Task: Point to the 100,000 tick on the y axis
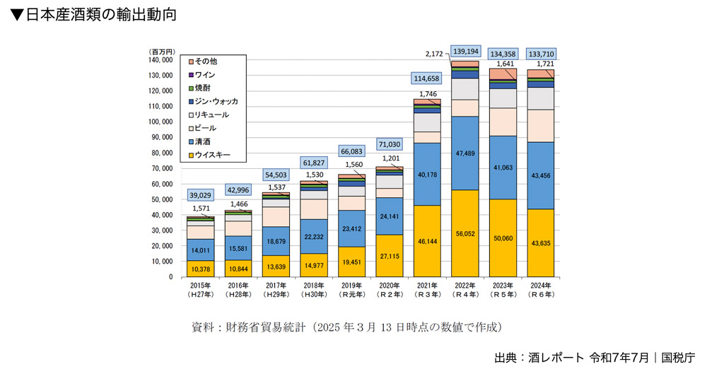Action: (162, 122)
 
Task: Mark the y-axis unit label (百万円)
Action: (163, 52)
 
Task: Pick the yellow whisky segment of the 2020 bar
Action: (389, 255)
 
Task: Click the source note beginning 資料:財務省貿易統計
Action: (346, 327)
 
